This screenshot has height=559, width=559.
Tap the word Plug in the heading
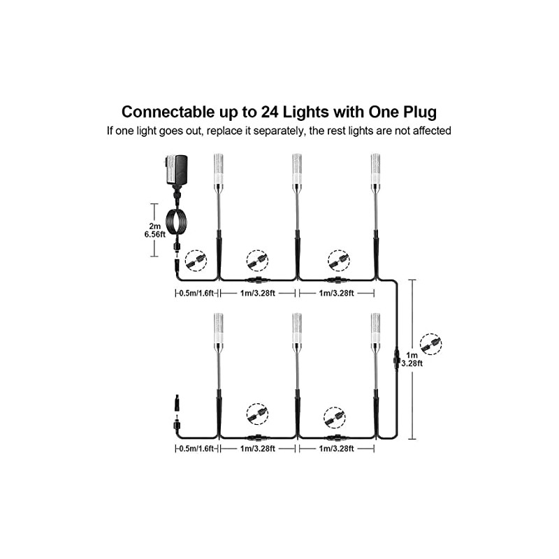(x=417, y=112)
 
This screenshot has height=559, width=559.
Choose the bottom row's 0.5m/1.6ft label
(x=196, y=450)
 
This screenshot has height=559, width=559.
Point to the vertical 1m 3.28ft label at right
(x=430, y=358)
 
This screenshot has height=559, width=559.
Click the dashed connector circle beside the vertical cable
(x=430, y=344)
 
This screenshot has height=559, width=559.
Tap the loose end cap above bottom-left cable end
(x=175, y=404)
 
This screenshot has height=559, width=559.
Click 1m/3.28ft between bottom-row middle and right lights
(x=335, y=450)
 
